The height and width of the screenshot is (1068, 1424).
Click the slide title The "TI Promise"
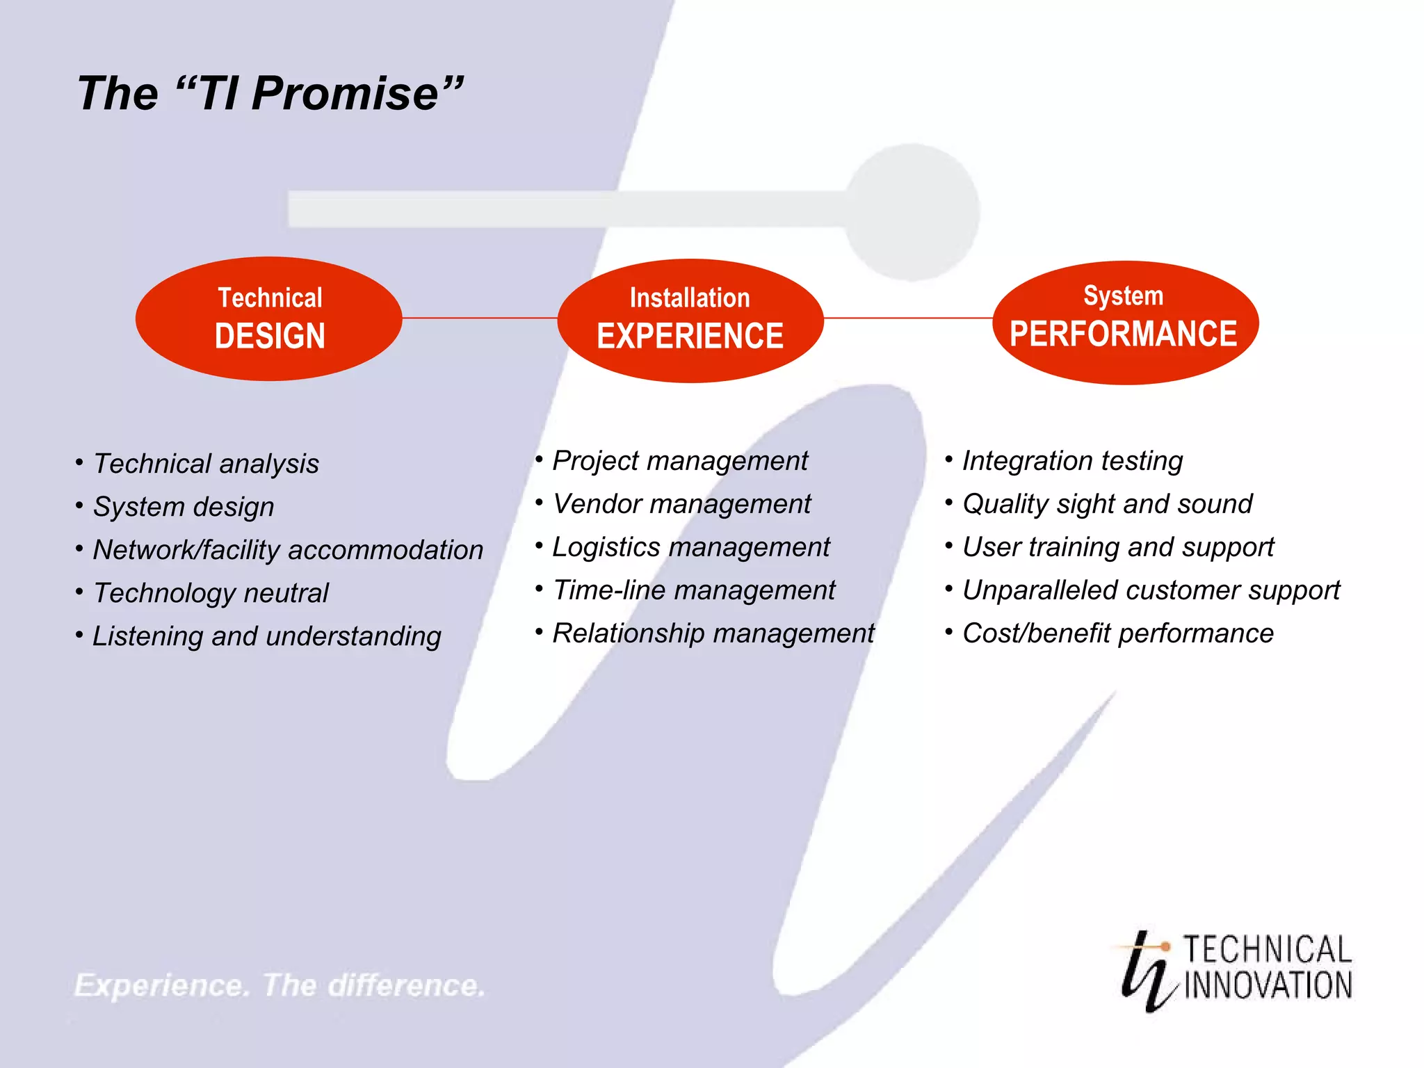[270, 93]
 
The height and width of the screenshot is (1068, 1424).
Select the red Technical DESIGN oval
[269, 318]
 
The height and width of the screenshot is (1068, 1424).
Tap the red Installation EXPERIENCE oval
[690, 320]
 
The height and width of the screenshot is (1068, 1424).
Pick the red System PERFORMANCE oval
[1124, 322]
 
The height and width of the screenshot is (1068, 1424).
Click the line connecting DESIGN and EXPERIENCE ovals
[480, 318]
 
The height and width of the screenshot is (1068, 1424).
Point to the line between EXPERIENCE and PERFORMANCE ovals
[907, 318]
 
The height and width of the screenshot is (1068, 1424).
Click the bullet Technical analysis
[206, 464]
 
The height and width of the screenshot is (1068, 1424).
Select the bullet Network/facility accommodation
[288, 550]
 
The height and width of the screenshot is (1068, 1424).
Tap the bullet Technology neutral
[211, 593]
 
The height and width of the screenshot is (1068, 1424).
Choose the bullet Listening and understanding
[266, 636]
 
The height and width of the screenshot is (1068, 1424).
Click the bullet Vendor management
[681, 504]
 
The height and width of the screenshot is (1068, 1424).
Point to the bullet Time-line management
[693, 590]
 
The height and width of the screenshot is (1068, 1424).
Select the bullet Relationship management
[713, 633]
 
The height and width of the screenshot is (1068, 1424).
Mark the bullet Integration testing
[1072, 461]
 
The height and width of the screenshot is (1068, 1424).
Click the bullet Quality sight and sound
[1107, 504]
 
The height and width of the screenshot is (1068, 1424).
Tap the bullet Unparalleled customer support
[1151, 590]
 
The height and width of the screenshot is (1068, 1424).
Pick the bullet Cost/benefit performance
[1117, 633]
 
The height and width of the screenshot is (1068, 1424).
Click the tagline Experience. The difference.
[280, 985]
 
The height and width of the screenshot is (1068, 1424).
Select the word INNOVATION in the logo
[1268, 986]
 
